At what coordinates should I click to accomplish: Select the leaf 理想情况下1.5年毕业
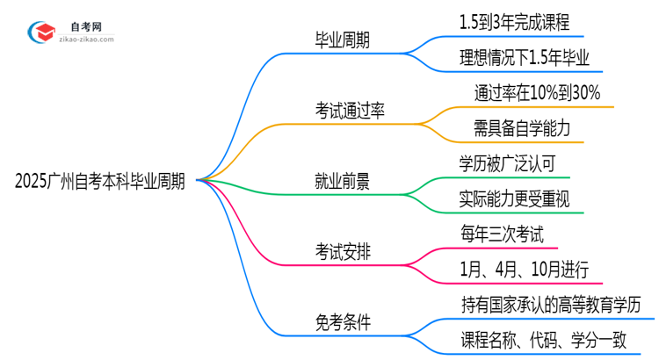click(x=518, y=57)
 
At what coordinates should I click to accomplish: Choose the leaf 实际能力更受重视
click(x=514, y=199)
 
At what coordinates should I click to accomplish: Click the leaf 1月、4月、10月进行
click(x=525, y=270)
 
